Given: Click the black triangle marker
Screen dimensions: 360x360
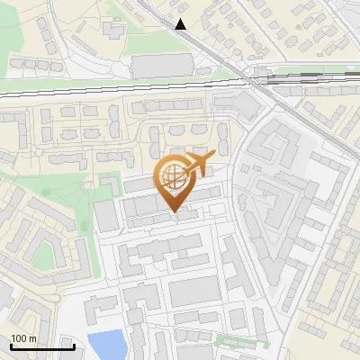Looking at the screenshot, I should (x=182, y=24).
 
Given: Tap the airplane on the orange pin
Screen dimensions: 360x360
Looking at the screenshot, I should (x=198, y=166).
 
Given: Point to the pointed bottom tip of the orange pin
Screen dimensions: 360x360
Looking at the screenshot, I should (x=175, y=213).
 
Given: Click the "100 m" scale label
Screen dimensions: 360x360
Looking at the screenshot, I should (x=23, y=338).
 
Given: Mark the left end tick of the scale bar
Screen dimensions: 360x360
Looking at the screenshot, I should (x=11, y=346).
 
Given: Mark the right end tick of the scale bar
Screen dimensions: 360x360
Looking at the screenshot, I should (x=74, y=346).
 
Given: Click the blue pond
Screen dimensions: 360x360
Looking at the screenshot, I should (x=106, y=344).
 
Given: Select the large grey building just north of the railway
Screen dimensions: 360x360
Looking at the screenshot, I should (x=162, y=65).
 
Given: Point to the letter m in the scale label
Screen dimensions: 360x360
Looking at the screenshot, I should (x=32, y=338).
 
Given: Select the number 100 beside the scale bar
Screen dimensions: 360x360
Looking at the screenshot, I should (x=19, y=338).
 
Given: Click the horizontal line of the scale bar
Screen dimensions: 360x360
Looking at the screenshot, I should (x=42, y=346).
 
